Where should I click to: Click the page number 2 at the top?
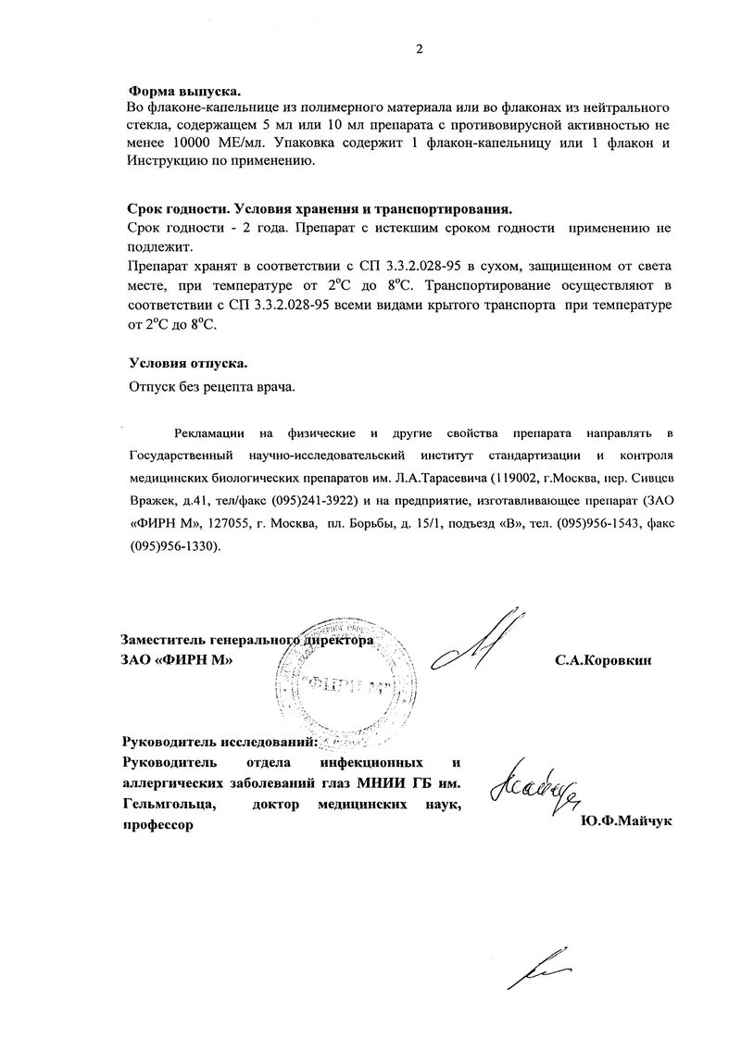pos(419,50)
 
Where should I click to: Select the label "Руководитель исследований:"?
pos(220,743)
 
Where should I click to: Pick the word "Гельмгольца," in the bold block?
pos(169,804)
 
